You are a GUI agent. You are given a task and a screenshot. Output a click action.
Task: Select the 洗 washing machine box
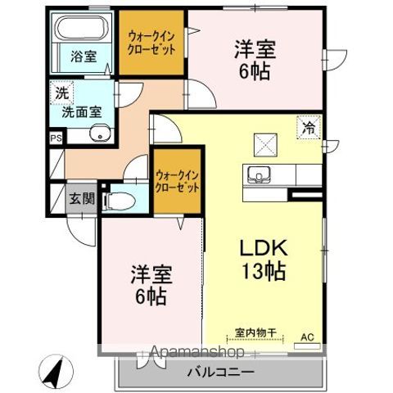[x=61, y=93]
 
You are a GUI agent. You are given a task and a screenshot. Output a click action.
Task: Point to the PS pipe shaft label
[x=56, y=139]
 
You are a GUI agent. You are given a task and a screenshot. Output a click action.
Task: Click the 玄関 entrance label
[x=81, y=198]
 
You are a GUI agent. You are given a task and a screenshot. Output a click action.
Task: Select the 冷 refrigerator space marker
[x=309, y=128]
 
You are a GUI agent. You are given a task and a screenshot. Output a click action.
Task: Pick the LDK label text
[x=259, y=247]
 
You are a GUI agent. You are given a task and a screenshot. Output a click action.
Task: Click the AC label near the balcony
[x=307, y=337]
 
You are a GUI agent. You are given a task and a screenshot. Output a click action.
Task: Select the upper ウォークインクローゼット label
[x=151, y=41]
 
